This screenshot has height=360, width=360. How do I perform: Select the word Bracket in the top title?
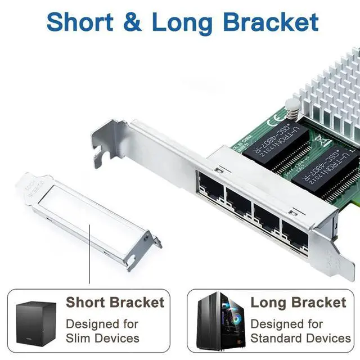pyautogui.click(x=270, y=22)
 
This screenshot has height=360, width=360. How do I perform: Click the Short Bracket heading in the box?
pyautogui.click(x=115, y=303)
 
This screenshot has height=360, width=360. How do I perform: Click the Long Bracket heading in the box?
pyautogui.click(x=298, y=303)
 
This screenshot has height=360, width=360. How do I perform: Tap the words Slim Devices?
pyautogui.click(x=102, y=338)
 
